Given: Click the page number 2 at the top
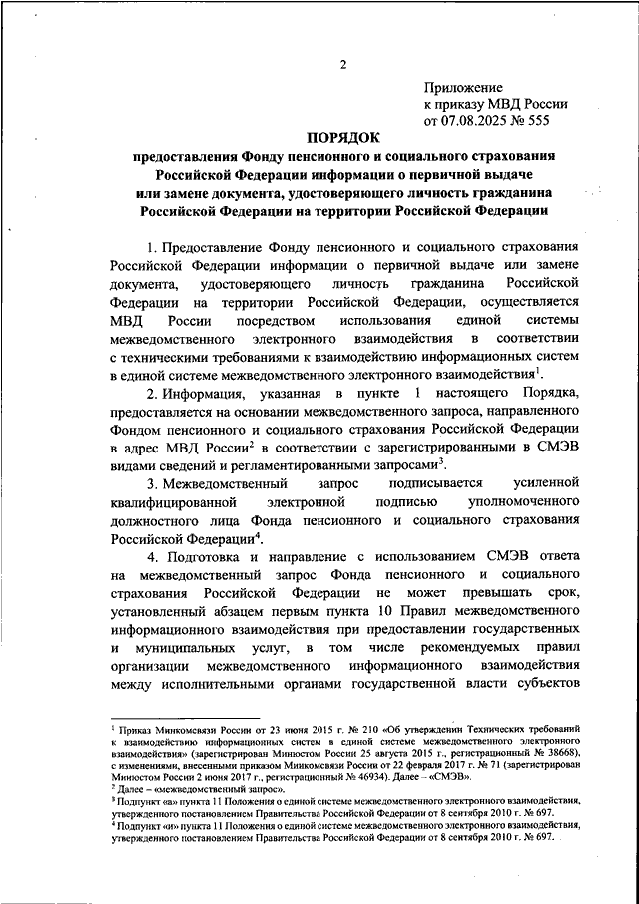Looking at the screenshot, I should click(341, 67).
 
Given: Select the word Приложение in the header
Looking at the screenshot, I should click(463, 89).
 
